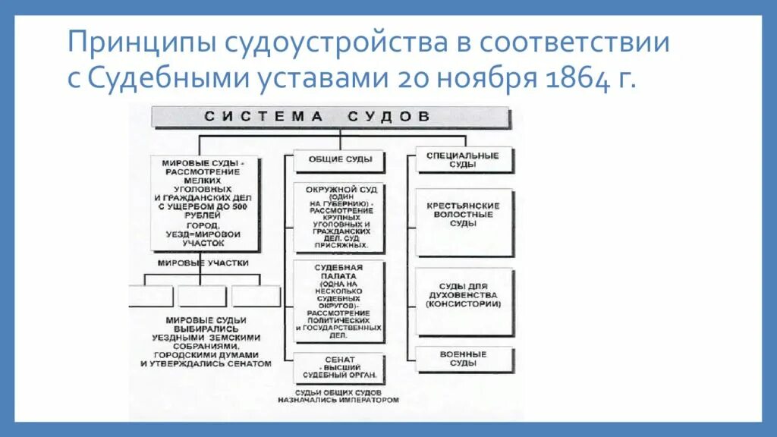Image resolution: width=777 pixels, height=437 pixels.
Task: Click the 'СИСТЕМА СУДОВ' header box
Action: (x=331, y=117)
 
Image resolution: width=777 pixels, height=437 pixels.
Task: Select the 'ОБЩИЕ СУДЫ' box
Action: (x=340, y=160)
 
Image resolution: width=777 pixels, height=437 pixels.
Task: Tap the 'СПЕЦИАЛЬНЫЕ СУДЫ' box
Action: (x=462, y=160)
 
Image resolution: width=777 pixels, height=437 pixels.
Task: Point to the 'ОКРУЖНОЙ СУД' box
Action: (x=340, y=217)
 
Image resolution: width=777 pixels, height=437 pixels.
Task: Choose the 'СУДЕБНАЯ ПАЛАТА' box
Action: (x=340, y=302)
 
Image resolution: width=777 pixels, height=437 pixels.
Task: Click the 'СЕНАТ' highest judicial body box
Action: (x=340, y=368)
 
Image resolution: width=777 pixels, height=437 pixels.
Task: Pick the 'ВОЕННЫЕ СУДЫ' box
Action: (x=463, y=359)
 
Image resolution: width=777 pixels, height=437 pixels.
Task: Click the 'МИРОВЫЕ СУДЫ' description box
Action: (x=203, y=203)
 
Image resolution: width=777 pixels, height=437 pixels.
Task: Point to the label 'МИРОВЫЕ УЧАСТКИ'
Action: (x=203, y=263)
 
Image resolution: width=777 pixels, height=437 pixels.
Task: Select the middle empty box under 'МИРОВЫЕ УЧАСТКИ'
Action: (x=203, y=296)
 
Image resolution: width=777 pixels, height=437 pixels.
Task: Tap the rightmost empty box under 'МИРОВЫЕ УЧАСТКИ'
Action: (x=256, y=296)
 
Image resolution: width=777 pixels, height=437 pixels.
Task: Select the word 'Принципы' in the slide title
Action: (x=140, y=42)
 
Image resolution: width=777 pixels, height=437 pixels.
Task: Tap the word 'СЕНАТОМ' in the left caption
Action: (x=248, y=363)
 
